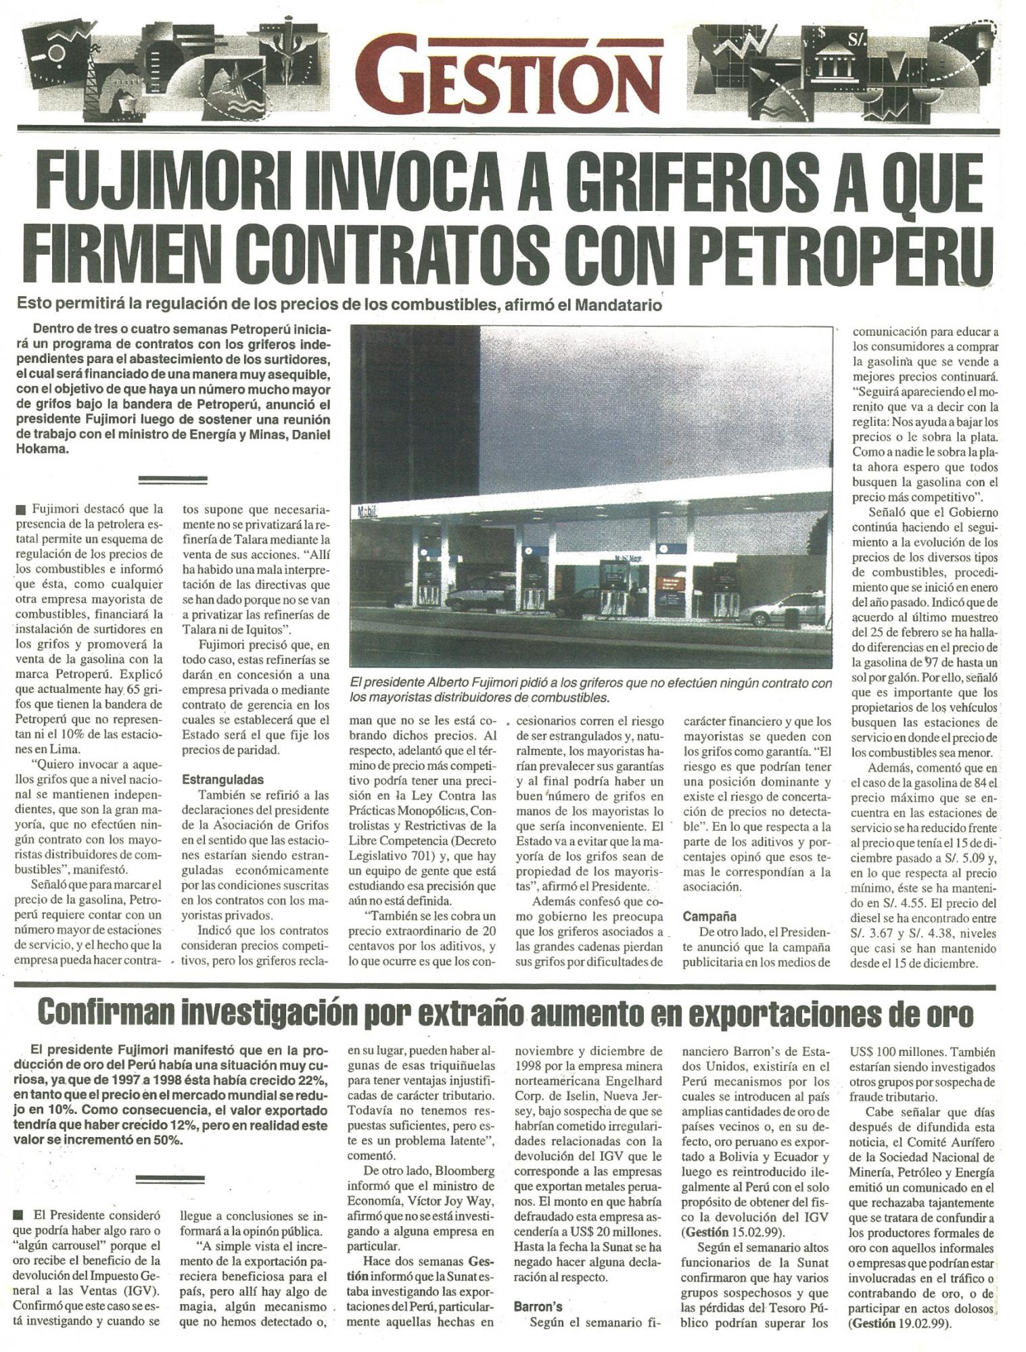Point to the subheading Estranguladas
point(223,779)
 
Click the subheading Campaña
point(709,917)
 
